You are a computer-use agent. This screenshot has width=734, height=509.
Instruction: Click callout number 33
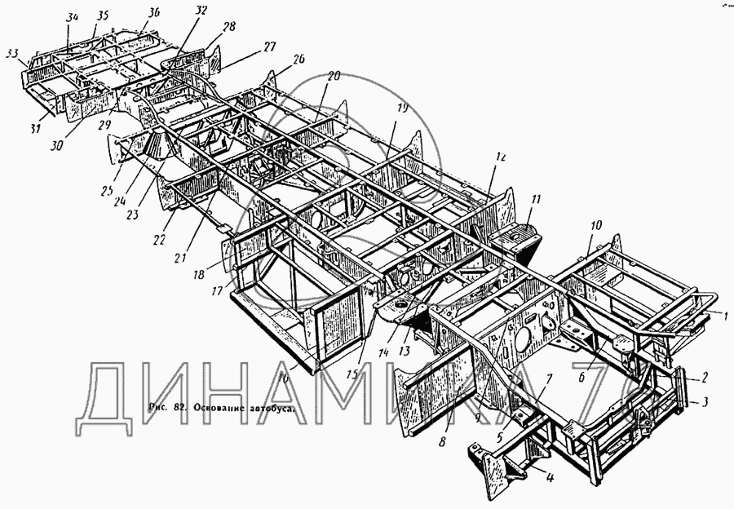(x=11, y=53)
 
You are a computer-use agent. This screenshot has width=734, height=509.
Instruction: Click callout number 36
(x=154, y=11)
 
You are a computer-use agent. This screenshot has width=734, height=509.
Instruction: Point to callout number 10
(x=595, y=224)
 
